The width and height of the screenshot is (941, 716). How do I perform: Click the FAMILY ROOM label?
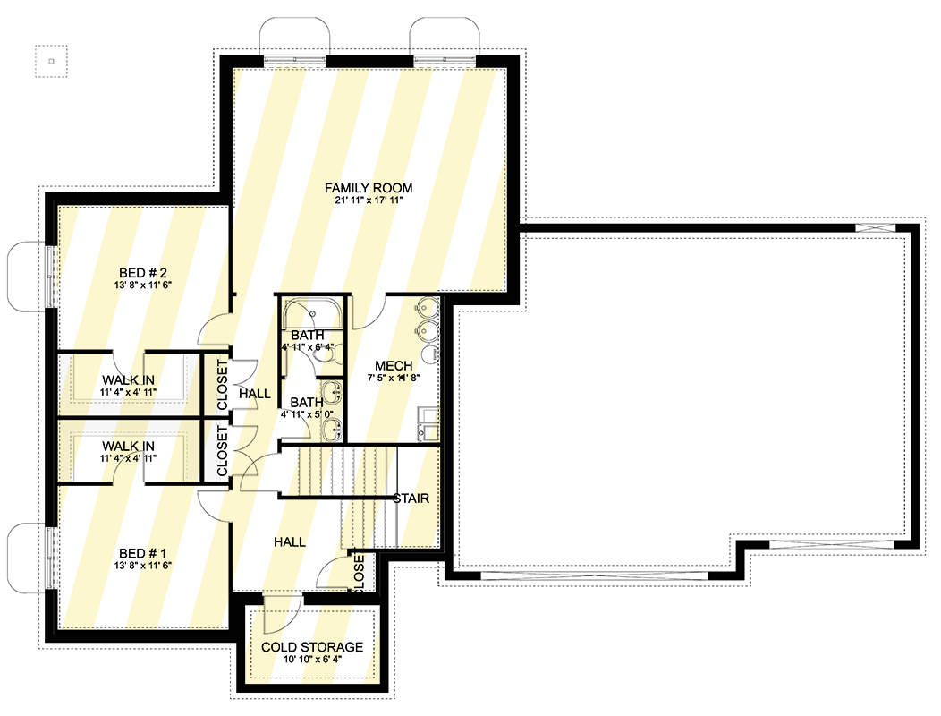pyautogui.click(x=368, y=188)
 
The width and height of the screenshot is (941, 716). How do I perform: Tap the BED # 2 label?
pyautogui.click(x=144, y=272)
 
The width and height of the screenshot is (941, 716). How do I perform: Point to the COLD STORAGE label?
pyautogui.click(x=312, y=647)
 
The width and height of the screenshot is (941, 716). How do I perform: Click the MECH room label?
pyautogui.click(x=393, y=365)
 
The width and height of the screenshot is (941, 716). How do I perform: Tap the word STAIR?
pyautogui.click(x=411, y=499)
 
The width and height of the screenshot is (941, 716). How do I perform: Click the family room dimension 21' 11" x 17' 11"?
pyautogui.click(x=368, y=201)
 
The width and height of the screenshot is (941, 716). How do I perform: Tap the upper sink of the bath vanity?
pyautogui.click(x=333, y=392)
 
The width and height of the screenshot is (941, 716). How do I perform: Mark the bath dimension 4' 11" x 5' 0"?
pyautogui.click(x=318, y=414)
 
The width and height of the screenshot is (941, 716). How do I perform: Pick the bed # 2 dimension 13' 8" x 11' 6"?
pyautogui.click(x=144, y=286)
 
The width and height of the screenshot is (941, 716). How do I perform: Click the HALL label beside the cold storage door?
pyautogui.click(x=289, y=542)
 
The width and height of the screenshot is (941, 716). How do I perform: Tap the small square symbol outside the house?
pyautogui.click(x=51, y=62)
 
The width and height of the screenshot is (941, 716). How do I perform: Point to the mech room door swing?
pyautogui.click(x=369, y=311)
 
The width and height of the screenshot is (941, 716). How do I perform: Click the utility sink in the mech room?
pyautogui.click(x=427, y=423)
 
